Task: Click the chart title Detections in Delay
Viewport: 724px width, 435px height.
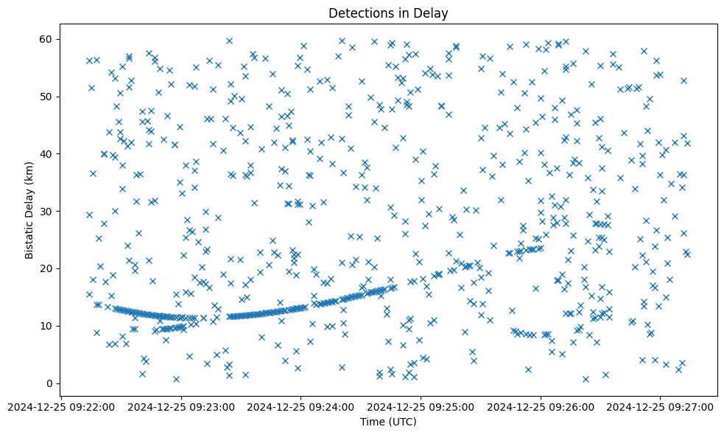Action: pyautogui.click(x=388, y=13)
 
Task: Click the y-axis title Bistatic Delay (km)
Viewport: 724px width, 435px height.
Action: pyautogui.click(x=29, y=209)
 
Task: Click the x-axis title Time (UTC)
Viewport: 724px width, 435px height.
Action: pyautogui.click(x=388, y=422)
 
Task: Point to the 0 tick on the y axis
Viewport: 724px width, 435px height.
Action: pyautogui.click(x=51, y=383)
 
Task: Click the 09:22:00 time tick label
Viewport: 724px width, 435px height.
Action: pyautogui.click(x=61, y=406)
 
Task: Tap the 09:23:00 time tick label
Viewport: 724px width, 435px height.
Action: pyautogui.click(x=181, y=406)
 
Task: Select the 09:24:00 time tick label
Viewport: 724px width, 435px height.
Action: pyautogui.click(x=301, y=406)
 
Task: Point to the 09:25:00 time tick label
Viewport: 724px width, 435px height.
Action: pyautogui.click(x=421, y=406)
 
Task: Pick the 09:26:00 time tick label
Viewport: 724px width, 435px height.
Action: pyautogui.click(x=541, y=406)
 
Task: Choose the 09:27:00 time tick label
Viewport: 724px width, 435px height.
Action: pyautogui.click(x=661, y=406)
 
